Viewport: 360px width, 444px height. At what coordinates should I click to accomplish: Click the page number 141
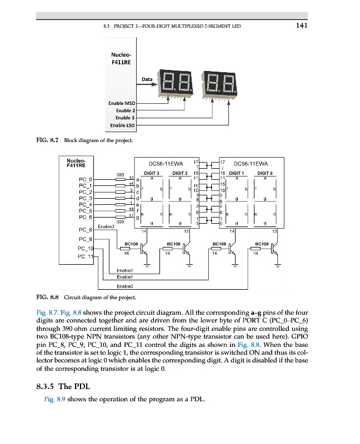click(x=302, y=25)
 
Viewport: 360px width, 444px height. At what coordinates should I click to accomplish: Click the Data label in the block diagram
click(x=147, y=79)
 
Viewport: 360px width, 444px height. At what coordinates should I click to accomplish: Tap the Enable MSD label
click(x=121, y=103)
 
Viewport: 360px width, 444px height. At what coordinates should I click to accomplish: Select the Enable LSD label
click(x=122, y=125)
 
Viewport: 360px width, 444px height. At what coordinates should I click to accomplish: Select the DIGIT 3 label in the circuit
click(x=152, y=173)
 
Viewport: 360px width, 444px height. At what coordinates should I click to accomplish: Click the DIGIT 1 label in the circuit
click(x=237, y=173)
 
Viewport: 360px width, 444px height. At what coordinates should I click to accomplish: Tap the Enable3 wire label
click(x=106, y=227)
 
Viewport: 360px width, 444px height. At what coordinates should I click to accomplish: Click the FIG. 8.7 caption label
click(x=47, y=140)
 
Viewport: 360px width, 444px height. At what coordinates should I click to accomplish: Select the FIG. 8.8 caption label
click(x=47, y=297)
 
